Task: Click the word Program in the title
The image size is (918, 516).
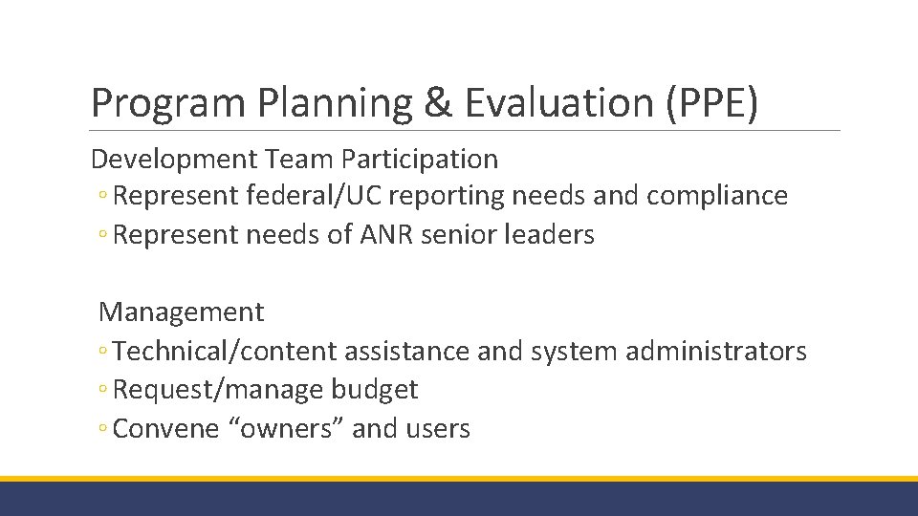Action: [x=154, y=103]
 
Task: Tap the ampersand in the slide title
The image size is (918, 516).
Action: [x=436, y=103]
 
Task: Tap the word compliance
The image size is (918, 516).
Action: [x=717, y=196]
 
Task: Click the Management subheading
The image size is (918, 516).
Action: [x=182, y=312]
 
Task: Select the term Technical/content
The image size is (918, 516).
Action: [x=225, y=352]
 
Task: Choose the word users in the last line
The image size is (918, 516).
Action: [x=438, y=429]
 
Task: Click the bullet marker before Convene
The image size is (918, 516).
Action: [x=102, y=430]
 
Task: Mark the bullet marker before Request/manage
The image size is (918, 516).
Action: [x=102, y=391]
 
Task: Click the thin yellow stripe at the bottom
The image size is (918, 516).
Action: [x=459, y=478]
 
